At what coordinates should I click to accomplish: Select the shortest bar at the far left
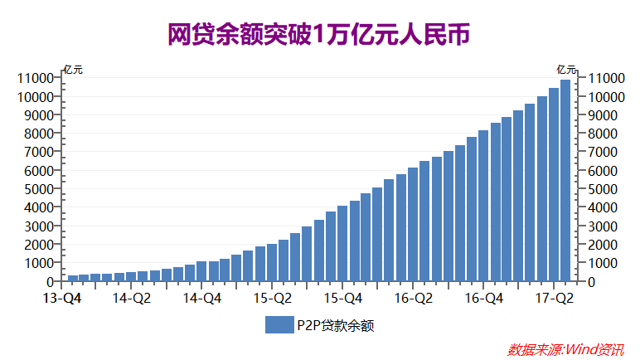coord(73,278)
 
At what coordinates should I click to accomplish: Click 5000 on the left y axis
coord(38,189)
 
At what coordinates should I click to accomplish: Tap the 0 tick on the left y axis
coord(51,282)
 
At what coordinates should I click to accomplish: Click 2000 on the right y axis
coord(602,245)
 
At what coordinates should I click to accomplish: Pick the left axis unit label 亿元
coord(73,70)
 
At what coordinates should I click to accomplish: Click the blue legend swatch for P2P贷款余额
coord(279,324)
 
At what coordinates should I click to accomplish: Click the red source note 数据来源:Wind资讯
coord(565,349)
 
